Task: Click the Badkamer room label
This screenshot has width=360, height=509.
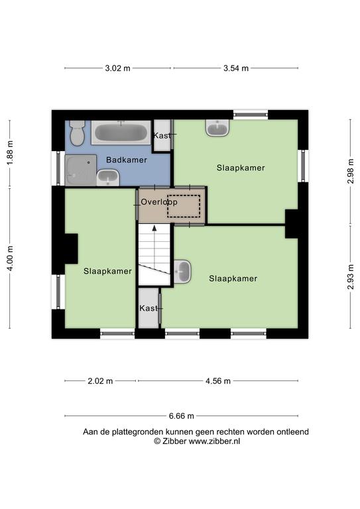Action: [x=127, y=160]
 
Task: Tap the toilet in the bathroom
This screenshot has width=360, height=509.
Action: [x=78, y=133]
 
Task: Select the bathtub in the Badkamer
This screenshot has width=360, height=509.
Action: [x=121, y=133]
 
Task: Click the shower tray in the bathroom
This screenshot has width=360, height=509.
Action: [x=81, y=170]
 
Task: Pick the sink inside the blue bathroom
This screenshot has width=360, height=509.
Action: [x=108, y=178]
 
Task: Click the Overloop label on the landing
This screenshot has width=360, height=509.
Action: [x=159, y=202]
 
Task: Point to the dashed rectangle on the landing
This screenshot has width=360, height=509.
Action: [x=184, y=206]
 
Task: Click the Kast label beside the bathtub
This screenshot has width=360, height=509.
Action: [x=162, y=135]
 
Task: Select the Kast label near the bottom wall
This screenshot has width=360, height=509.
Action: [x=149, y=308]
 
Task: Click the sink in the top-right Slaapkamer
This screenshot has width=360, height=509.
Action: [x=217, y=128]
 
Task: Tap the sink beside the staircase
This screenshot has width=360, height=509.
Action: [x=182, y=271]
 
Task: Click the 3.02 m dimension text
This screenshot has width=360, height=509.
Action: [x=117, y=68]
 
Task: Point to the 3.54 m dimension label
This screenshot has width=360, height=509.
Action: [x=236, y=68]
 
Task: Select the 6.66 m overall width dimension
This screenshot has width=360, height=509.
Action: [x=182, y=416]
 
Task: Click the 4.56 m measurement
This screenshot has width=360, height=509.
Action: [x=218, y=381]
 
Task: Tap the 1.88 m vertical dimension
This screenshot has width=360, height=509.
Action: [x=10, y=152]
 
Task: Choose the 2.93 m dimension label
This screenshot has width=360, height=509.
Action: [x=351, y=277]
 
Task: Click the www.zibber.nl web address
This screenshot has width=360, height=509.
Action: [x=215, y=441]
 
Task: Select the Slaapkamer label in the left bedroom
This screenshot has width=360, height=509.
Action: [x=107, y=271]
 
